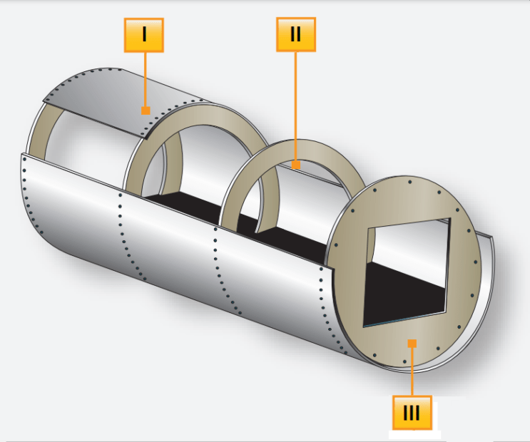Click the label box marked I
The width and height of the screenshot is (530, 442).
[144, 35]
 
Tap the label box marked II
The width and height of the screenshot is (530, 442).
[296, 34]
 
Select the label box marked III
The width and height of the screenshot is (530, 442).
[412, 413]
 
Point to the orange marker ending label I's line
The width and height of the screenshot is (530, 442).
[145, 110]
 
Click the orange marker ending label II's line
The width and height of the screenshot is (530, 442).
[296, 165]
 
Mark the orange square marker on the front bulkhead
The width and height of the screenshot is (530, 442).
[412, 343]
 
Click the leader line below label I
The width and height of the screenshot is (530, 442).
[145, 78]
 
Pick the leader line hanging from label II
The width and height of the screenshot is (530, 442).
[296, 107]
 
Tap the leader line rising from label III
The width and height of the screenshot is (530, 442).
[412, 371]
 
